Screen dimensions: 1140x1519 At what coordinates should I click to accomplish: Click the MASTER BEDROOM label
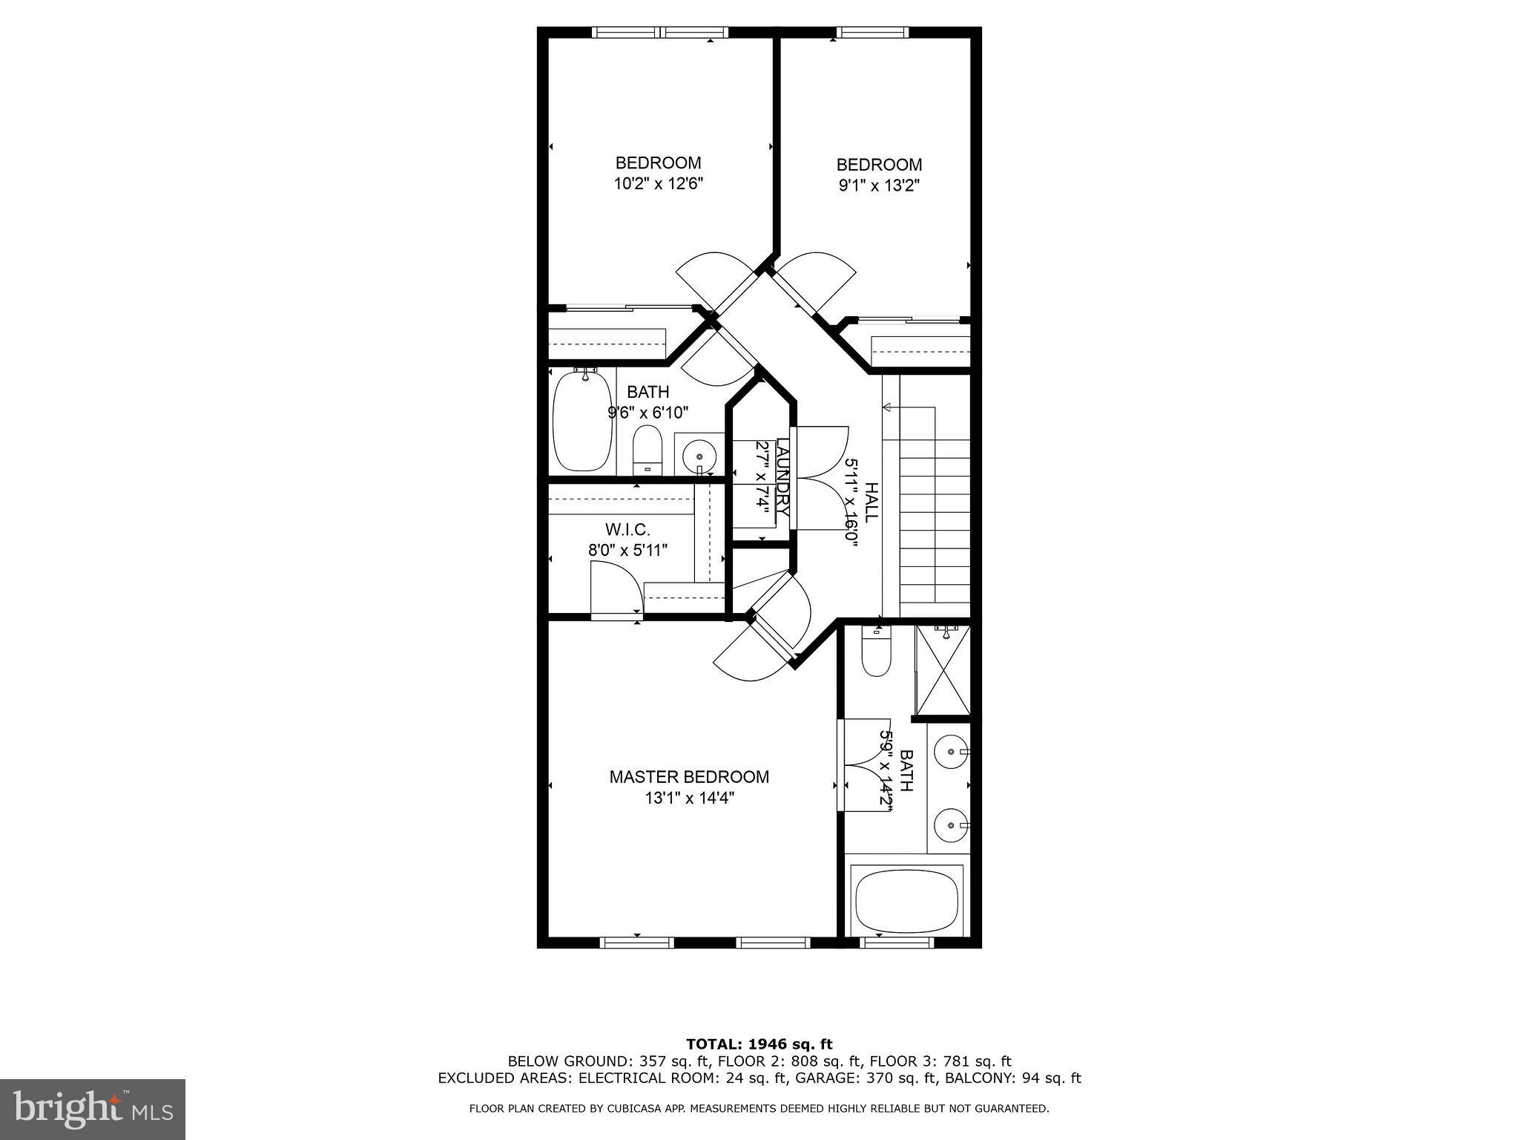(x=689, y=777)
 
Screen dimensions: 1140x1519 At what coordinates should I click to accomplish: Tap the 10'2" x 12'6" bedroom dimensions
(x=658, y=184)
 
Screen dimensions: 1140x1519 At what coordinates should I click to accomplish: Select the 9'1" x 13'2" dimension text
(x=879, y=186)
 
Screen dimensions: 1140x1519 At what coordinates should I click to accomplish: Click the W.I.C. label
(x=627, y=530)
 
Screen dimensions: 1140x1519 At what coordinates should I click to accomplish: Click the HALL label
(x=871, y=502)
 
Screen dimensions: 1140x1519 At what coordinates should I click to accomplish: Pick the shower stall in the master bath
(x=943, y=669)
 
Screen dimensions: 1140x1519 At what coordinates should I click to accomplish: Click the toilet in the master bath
(x=876, y=655)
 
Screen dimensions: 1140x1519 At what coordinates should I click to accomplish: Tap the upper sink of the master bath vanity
(x=950, y=753)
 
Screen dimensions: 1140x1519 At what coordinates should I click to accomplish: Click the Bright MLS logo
(x=93, y=1109)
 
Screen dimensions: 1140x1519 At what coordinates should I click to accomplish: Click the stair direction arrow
(x=887, y=406)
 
